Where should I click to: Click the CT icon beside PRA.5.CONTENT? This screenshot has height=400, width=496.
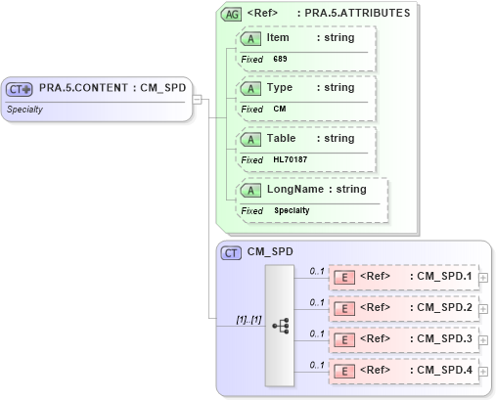click(21, 89)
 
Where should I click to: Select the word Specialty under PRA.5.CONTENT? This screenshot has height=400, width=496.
click(24, 109)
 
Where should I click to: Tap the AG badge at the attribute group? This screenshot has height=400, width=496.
click(232, 14)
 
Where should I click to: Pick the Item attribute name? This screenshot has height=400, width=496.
click(278, 37)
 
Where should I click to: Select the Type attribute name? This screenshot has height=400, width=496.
click(280, 87)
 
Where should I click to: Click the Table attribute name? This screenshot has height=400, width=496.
click(282, 138)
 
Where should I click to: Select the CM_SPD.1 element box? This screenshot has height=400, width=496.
click(402, 277)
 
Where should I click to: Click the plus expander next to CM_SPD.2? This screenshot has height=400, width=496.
click(483, 309)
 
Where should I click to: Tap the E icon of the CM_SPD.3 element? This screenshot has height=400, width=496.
click(344, 339)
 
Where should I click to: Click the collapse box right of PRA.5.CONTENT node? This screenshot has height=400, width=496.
click(197, 99)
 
